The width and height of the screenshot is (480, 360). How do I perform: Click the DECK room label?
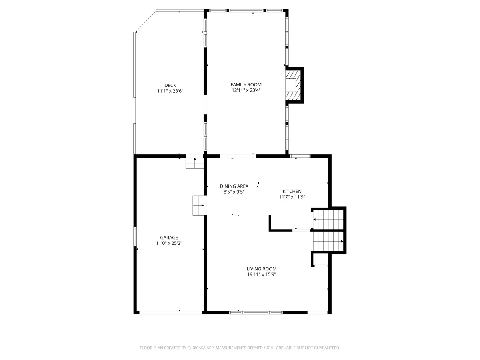170,85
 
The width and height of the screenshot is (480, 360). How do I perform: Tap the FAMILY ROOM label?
246,84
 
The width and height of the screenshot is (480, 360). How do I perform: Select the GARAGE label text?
169,237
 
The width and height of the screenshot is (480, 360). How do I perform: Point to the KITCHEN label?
292,191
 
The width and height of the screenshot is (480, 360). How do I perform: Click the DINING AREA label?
234,186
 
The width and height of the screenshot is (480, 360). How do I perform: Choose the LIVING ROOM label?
262,269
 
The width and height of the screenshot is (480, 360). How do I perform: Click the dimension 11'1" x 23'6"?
170,91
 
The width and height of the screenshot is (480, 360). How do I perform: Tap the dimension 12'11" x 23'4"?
246,90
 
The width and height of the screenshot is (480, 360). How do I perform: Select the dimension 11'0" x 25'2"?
169,243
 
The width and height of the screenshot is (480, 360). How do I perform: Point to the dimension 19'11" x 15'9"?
262,274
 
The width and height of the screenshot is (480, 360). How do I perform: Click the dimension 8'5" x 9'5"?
234,192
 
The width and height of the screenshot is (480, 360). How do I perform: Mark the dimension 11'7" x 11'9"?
292,197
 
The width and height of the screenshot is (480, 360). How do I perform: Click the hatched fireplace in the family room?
293,85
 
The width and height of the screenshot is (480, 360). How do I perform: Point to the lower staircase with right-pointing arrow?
328,241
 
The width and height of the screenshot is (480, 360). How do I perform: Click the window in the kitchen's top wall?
300,156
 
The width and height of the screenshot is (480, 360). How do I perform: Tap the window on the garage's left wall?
135,236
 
